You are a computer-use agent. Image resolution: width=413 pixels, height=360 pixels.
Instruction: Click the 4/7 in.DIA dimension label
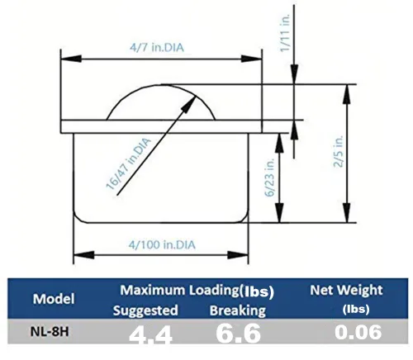[157, 48]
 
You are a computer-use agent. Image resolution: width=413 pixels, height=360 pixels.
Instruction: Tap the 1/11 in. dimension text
[285, 33]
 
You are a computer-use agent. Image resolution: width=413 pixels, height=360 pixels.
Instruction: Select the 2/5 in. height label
[339, 151]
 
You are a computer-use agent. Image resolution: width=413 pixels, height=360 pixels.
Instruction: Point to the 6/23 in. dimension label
[270, 177]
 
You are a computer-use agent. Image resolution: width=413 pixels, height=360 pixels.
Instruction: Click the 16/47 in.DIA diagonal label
[129, 164]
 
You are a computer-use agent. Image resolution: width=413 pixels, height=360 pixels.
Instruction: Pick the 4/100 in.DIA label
[162, 244]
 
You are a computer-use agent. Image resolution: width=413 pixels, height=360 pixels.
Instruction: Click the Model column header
[54, 299]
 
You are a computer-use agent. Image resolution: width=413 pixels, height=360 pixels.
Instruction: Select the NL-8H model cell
[50, 332]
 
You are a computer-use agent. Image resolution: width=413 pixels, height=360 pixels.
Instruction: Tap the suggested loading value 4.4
[150, 335]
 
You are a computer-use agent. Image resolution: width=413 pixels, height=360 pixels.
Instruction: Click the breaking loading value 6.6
[238, 334]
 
